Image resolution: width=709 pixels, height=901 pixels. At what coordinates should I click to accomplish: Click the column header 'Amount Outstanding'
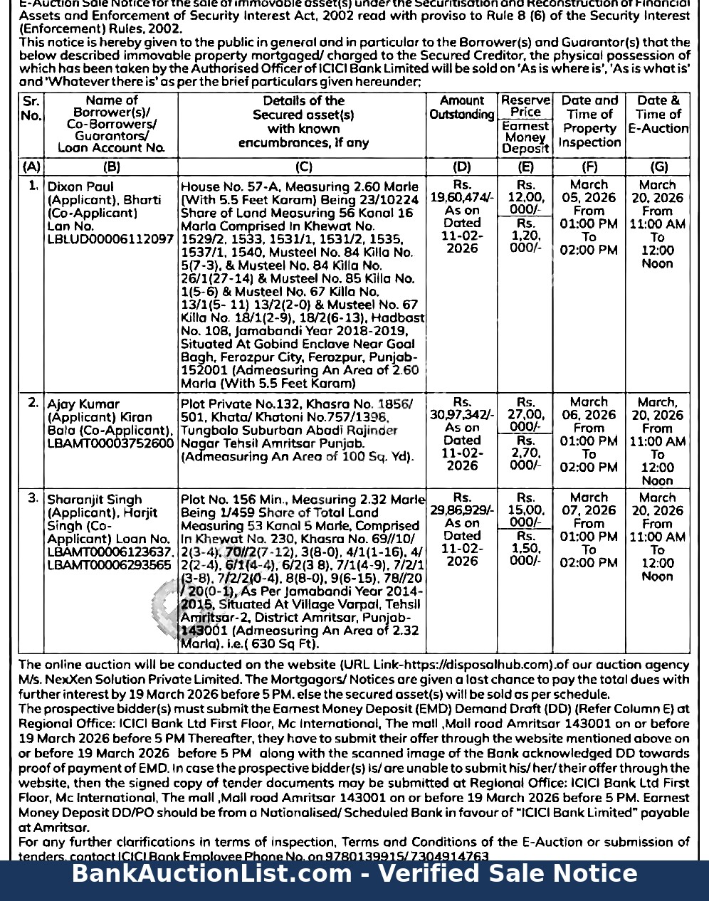(461, 107)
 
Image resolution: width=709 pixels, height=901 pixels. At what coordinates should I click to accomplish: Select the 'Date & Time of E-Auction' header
(658, 115)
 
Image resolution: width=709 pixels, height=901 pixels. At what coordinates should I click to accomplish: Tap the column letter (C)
(303, 167)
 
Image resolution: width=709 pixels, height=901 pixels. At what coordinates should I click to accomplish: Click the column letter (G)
(658, 167)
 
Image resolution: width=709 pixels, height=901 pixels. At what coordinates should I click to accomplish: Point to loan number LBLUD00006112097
(110, 239)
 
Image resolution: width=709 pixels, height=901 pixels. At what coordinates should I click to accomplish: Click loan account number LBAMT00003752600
(110, 443)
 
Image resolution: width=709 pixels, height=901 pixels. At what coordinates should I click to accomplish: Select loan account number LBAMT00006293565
(109, 565)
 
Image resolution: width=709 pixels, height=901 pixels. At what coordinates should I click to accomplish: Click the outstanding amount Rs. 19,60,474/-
(462, 197)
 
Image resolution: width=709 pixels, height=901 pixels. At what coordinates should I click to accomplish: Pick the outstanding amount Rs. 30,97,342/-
(462, 415)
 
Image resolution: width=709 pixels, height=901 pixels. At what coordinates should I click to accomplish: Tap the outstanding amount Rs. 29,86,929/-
(462, 510)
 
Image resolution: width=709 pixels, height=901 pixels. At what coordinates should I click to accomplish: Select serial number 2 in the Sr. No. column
(33, 403)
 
